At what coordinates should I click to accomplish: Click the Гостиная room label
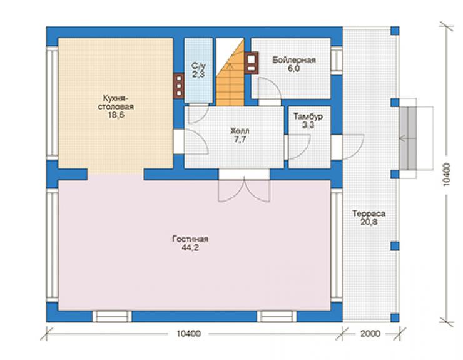[x=190, y=239]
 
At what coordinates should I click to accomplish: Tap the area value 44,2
[x=190, y=248]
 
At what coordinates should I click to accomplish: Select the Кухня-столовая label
[x=116, y=102]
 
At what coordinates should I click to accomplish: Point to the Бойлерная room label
[x=294, y=60]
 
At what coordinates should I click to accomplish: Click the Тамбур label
[x=308, y=116]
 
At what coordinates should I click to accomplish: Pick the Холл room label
[x=240, y=130]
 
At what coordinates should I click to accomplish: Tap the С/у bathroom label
[x=198, y=66]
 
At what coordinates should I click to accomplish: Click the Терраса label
[x=369, y=213]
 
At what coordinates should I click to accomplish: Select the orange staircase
[x=230, y=73]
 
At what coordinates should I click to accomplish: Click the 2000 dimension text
[x=370, y=334]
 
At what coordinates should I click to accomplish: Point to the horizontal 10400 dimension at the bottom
[x=189, y=334]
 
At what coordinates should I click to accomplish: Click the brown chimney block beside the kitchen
[x=179, y=85]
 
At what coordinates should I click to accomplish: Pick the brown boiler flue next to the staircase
[x=251, y=63]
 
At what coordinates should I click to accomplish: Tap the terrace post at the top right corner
[x=395, y=31]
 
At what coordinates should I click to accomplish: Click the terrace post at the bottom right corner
[x=395, y=317]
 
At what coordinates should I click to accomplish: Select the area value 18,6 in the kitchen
[x=116, y=115]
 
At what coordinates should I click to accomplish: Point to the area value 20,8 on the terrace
[x=369, y=222]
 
